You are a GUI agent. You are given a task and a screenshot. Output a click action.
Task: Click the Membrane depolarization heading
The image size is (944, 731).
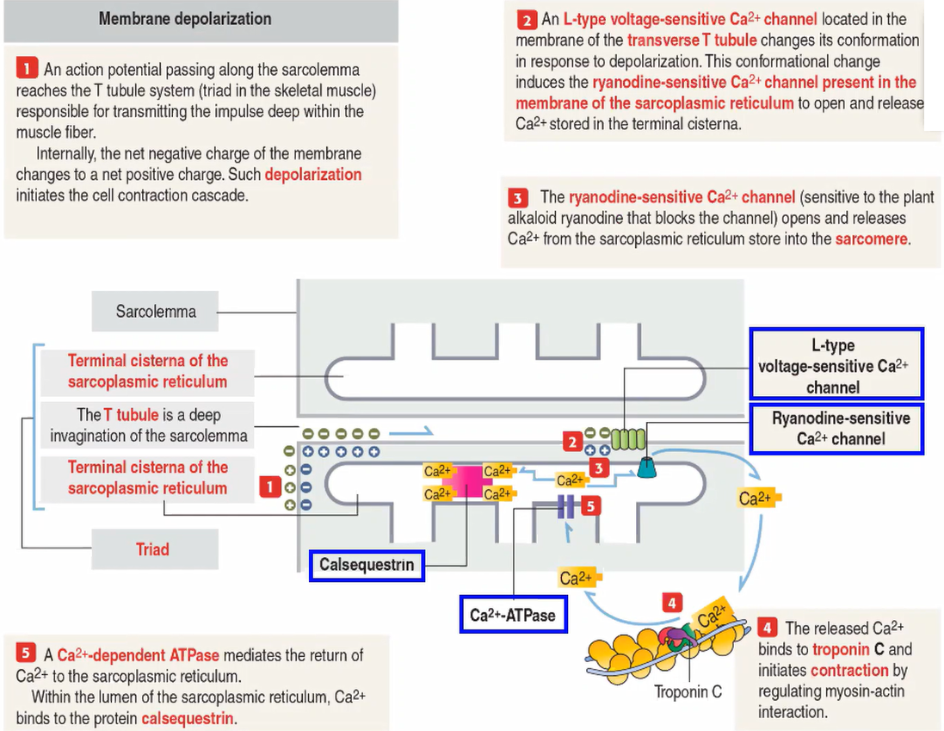pos(185,19)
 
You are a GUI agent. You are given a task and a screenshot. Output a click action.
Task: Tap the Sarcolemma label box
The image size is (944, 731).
pos(156,312)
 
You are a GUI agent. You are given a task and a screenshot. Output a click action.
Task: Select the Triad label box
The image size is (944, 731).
pos(152,549)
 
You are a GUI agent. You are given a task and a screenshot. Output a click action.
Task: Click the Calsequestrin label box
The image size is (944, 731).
pos(367,566)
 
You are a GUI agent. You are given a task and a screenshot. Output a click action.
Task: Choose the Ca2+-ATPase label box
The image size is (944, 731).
pos(513,616)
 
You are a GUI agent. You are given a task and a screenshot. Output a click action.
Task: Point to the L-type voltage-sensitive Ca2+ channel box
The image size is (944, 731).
pos(836,366)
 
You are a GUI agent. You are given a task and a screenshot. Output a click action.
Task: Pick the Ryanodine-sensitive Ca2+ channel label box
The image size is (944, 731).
pos(836,429)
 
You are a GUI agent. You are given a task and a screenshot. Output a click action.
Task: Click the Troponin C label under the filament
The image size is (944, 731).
pos(688,691)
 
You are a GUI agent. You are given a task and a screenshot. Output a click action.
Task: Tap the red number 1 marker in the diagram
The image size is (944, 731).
pos(269,487)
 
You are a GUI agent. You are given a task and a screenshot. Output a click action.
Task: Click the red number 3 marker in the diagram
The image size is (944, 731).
pos(600,468)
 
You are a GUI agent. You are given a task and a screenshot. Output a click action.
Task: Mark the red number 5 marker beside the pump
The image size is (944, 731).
pos(589,506)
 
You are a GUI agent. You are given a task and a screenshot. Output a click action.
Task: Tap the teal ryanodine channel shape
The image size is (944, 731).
pos(647,468)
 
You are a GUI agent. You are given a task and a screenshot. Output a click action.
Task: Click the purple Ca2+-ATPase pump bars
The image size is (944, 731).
pos(566,506)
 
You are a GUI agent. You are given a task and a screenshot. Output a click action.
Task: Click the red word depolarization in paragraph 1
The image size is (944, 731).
pos(313,175)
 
